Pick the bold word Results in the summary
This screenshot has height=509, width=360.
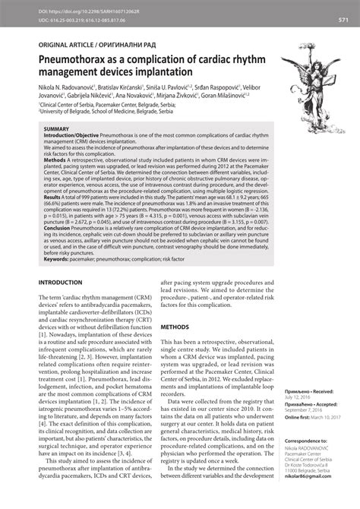pos(57,174)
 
